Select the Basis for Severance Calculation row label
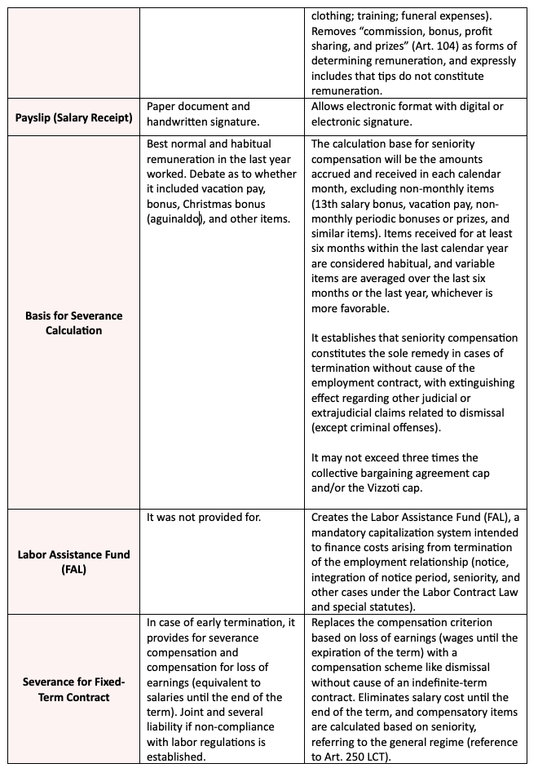[x=73, y=323]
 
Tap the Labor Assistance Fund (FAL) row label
[x=73, y=562]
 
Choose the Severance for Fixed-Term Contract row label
[x=73, y=690]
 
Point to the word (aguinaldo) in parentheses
[x=174, y=219]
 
